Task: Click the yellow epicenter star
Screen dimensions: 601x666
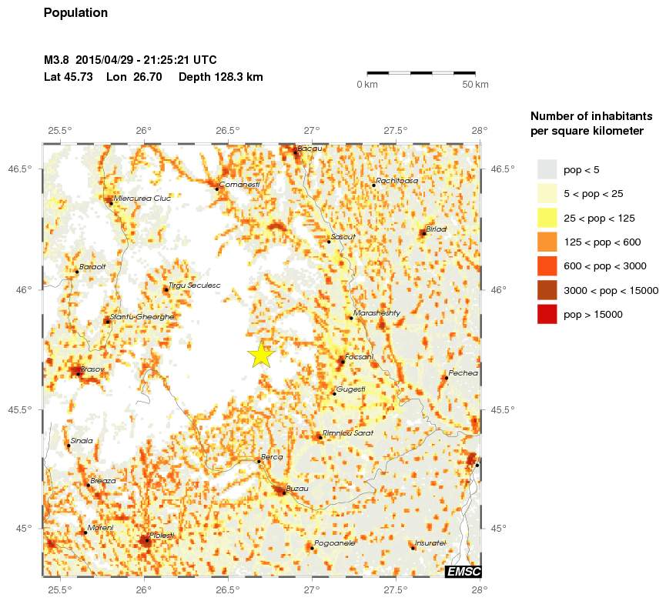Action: pos(262,355)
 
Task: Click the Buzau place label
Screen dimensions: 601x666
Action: pos(297,489)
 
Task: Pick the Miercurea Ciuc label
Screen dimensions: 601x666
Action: pos(142,198)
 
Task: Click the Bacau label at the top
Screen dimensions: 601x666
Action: pos(309,148)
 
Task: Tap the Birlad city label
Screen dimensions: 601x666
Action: pos(436,229)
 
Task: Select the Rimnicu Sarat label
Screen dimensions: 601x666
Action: pos(348,433)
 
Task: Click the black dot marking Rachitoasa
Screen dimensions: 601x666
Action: pos(373,185)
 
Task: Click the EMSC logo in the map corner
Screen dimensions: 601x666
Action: pos(464,570)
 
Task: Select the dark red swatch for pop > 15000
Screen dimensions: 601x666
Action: pos(547,314)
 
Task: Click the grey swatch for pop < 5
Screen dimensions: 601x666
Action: pos(547,169)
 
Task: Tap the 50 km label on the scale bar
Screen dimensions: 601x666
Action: pos(475,84)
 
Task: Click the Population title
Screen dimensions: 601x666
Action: pos(76,13)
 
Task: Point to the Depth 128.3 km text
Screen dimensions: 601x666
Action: pos(221,77)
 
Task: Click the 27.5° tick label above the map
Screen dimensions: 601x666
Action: pos(396,129)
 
